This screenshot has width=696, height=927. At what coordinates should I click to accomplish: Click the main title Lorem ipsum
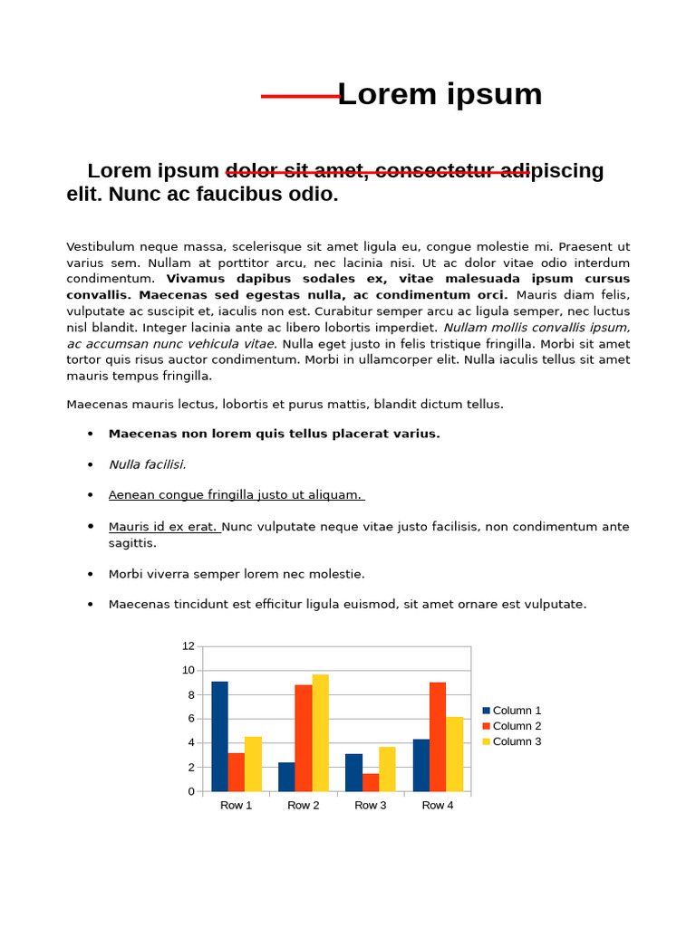440,94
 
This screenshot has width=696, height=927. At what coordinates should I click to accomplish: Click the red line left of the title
299,96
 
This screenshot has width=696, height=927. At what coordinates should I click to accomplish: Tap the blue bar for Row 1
219,736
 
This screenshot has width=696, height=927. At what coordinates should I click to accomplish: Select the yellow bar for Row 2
321,732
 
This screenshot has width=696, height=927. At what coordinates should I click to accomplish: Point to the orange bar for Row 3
371,782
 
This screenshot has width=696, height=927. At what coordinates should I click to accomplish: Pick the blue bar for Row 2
286,777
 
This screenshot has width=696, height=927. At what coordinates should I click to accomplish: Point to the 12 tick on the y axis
188,645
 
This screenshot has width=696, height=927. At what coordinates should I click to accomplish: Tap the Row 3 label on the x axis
370,805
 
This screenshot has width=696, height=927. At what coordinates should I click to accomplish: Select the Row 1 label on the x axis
236,805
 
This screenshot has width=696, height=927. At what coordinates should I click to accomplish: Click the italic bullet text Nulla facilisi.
147,464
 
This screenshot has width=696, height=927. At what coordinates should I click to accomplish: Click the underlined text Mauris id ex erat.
163,527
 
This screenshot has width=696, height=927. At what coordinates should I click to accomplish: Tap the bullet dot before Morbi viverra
91,574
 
